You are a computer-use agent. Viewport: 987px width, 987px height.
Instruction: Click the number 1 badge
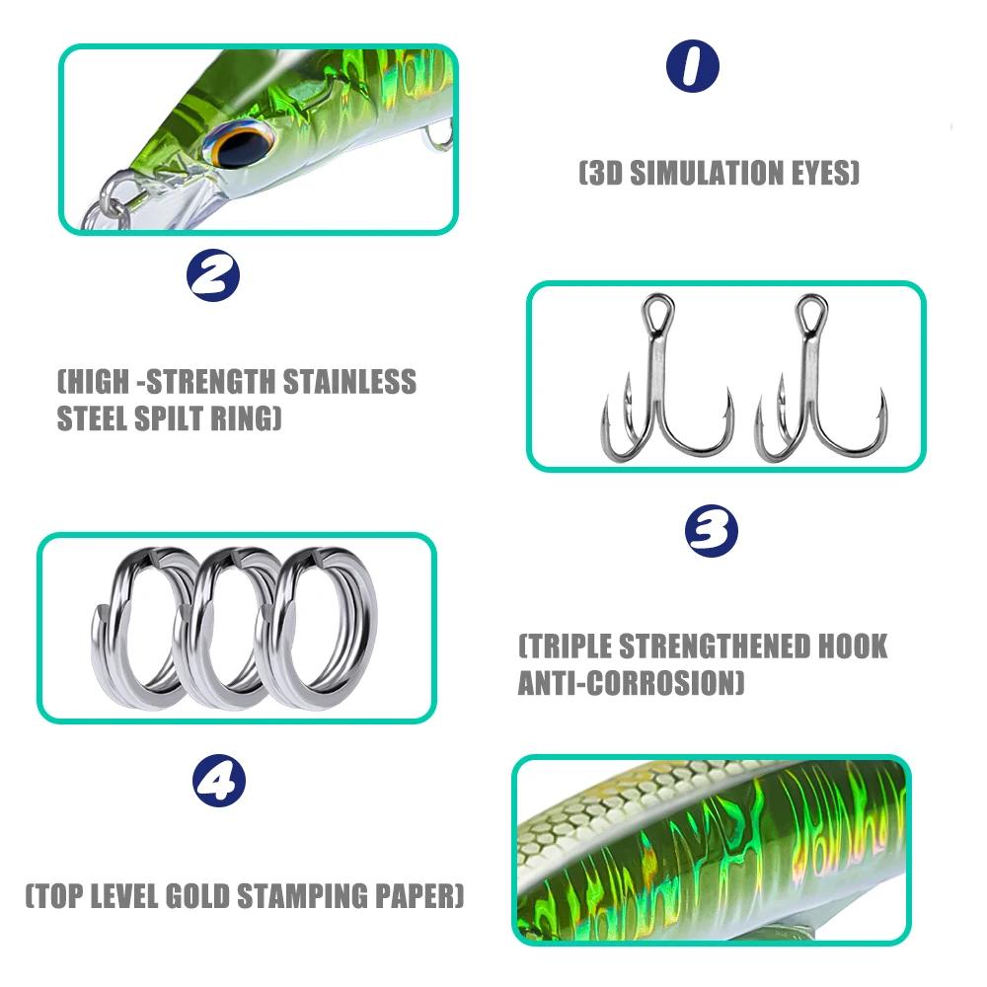point(692,67)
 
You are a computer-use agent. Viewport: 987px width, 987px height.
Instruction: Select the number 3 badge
point(712,532)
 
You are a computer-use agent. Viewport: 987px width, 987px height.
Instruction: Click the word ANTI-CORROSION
point(631,683)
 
